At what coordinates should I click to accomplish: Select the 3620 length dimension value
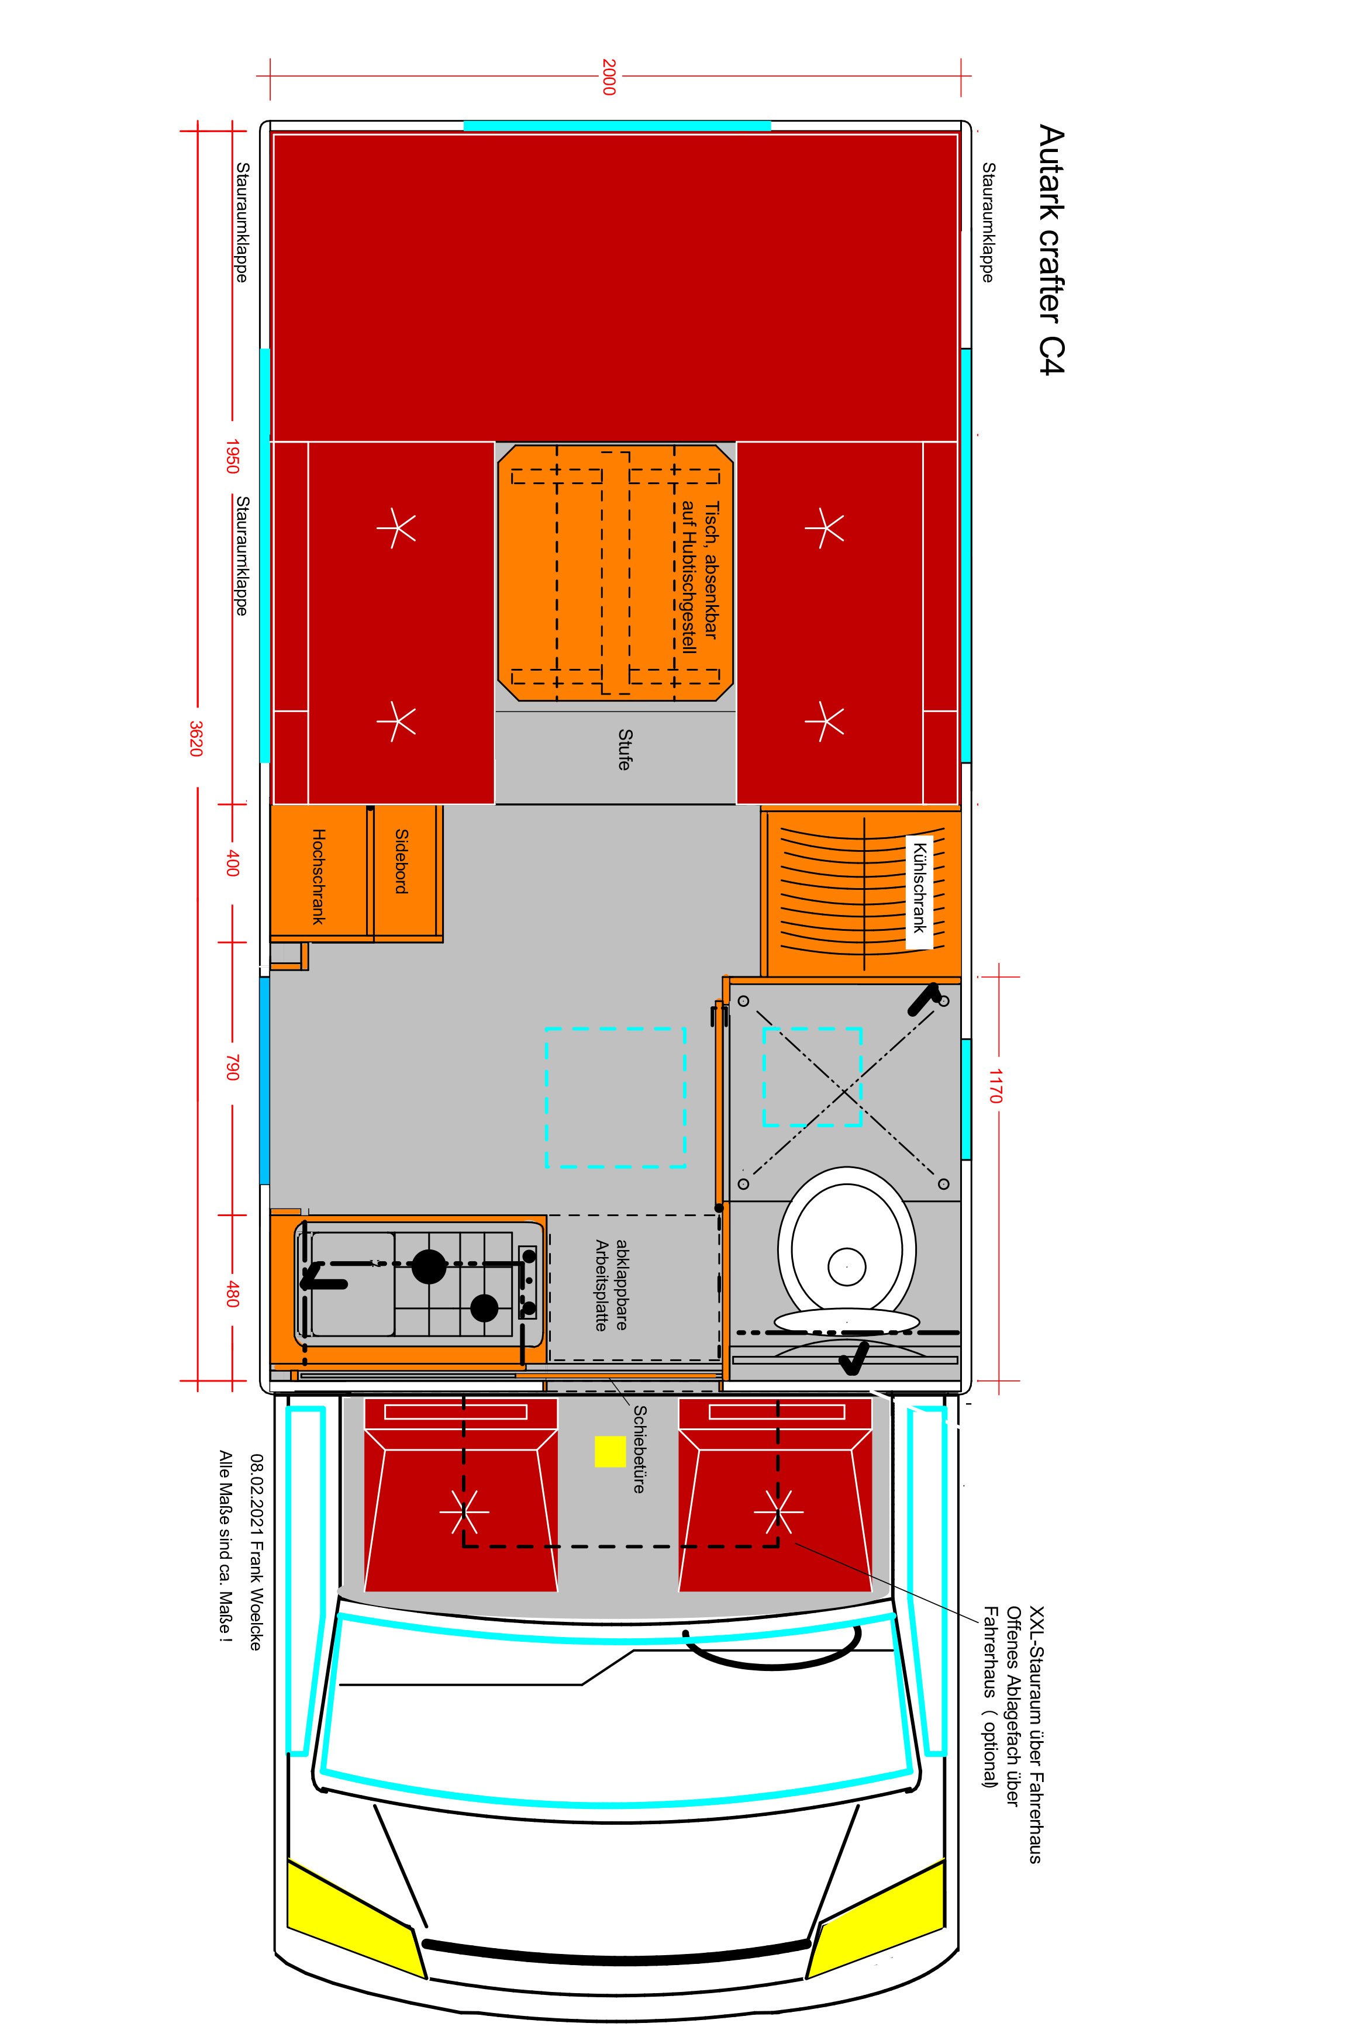click(196, 738)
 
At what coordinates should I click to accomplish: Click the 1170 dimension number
click(996, 1086)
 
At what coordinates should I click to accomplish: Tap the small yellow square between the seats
click(610, 1451)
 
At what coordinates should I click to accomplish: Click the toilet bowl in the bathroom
click(847, 1248)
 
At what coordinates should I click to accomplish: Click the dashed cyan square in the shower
click(812, 1077)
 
